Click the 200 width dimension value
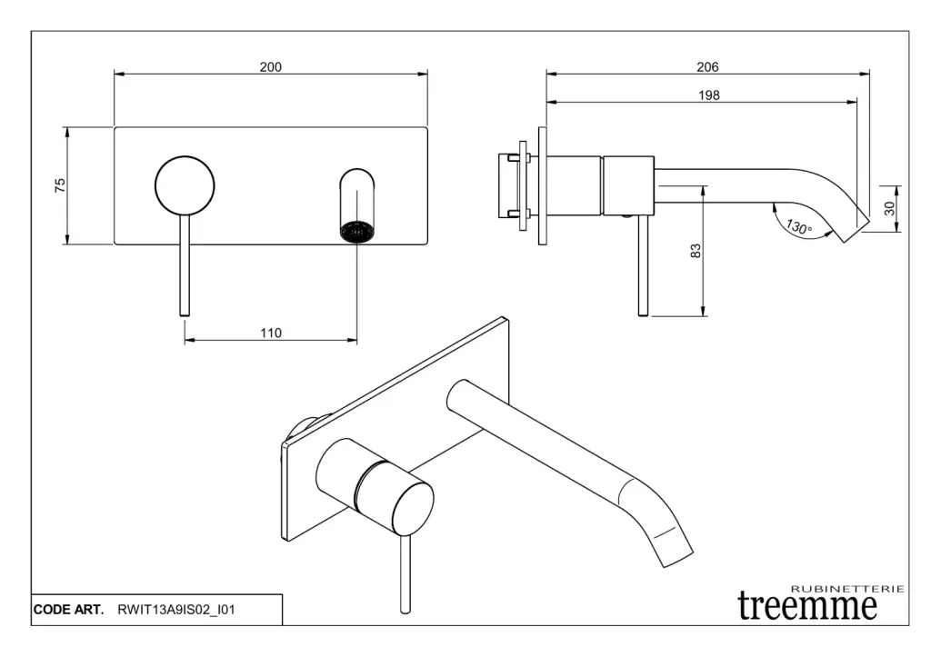click(x=270, y=67)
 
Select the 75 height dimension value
click(x=60, y=185)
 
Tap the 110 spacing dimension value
click(x=271, y=333)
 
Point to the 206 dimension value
click(x=707, y=67)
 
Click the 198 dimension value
click(x=708, y=95)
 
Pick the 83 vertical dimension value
click(x=696, y=251)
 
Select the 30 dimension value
click(x=889, y=208)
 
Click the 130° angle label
click(x=798, y=226)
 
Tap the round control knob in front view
click(x=185, y=185)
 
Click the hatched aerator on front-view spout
click(x=356, y=232)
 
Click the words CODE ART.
click(x=68, y=610)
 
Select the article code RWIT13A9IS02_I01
click(x=176, y=610)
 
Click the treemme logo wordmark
click(x=807, y=606)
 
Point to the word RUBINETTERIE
click(x=848, y=589)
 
